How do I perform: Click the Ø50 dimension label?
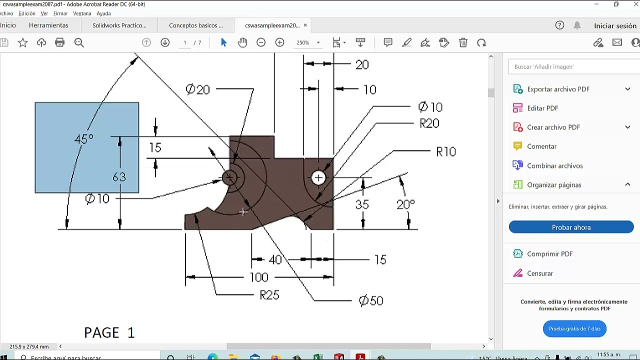point(371,300)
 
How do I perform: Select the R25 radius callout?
point(269,295)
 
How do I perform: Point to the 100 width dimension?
point(258,277)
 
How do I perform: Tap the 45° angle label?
point(83,139)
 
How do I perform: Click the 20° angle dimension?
point(405,204)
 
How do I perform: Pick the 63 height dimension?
point(119,177)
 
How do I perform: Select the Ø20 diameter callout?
point(197,89)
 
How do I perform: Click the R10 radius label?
point(445,152)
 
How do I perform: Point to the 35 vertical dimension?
point(362,204)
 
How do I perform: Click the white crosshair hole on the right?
point(318,177)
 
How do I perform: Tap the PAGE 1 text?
point(109,332)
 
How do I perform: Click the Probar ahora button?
point(571,227)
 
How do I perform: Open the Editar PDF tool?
point(542,108)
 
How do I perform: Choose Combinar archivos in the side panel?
point(554,165)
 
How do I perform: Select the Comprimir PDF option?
point(549,254)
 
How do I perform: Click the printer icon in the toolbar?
point(60,42)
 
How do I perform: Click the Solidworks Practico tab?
point(119,25)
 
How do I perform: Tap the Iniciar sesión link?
point(615,25)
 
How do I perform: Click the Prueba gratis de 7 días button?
point(574,328)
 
